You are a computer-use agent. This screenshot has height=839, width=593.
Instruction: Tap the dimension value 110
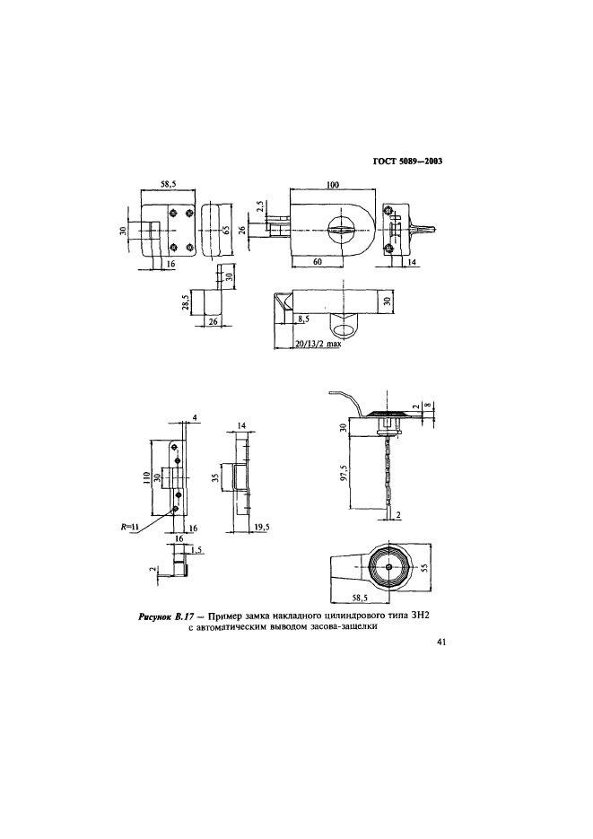coord(146,476)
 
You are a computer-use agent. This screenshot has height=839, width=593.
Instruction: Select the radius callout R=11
coord(129,527)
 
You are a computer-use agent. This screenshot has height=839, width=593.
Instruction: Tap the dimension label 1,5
coord(196,550)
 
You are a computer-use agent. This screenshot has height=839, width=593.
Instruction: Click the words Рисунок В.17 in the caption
coord(161,617)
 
